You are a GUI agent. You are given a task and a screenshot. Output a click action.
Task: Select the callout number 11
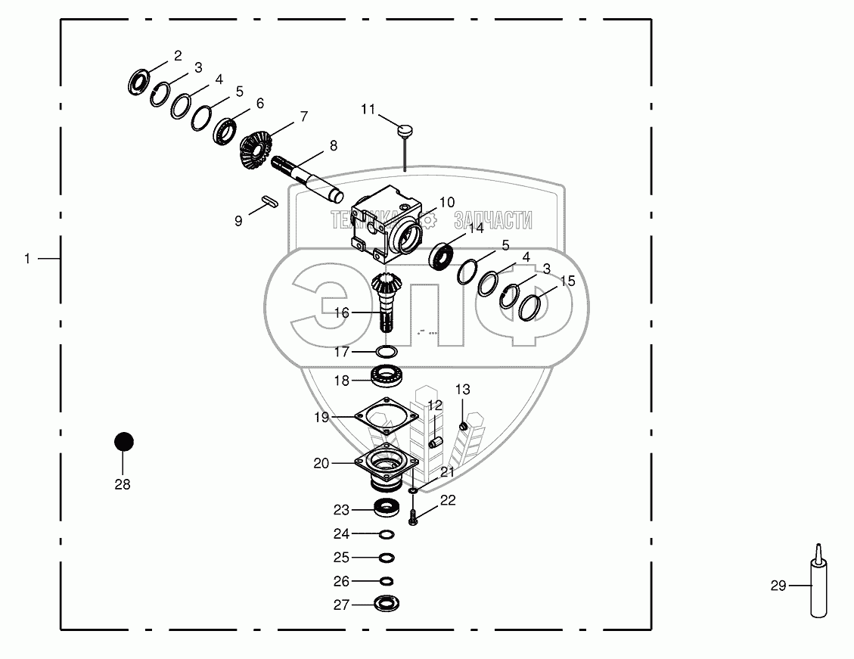click(368, 110)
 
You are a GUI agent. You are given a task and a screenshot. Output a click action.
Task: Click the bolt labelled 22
click(412, 518)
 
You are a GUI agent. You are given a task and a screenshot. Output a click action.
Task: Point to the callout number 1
click(27, 259)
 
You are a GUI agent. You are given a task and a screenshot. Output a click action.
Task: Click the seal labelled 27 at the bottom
click(386, 604)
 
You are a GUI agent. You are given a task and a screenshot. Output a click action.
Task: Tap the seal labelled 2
click(138, 81)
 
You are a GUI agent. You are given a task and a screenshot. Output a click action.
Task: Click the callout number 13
click(462, 390)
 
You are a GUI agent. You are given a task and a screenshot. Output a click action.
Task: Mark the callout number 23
click(341, 509)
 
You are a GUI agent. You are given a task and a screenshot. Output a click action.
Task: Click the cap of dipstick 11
click(405, 132)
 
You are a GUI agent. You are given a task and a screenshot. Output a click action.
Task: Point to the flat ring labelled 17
click(387, 352)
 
